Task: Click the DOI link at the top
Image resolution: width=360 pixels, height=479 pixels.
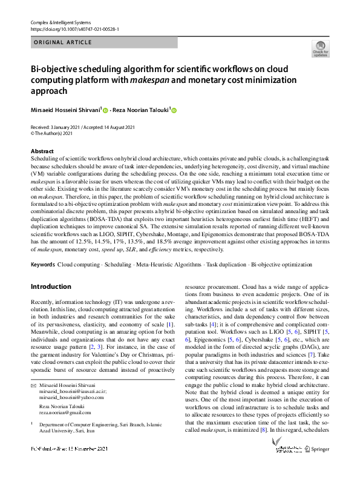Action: coord(74,28)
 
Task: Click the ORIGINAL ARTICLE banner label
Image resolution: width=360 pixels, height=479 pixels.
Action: coord(62,42)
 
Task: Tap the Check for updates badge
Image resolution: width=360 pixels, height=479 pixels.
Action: coord(320,49)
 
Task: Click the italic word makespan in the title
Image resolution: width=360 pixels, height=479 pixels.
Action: coord(148,79)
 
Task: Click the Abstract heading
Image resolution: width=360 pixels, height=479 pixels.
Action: coord(42,151)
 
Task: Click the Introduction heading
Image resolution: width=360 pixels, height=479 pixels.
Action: coord(51,286)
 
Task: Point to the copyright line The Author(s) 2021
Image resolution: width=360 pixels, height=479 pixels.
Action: coord(57,133)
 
